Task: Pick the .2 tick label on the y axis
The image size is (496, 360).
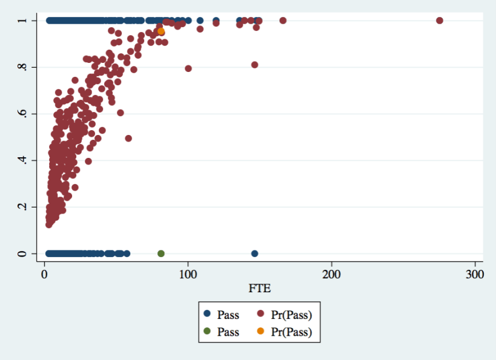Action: click(x=22, y=207)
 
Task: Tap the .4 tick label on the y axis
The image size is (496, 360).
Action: click(x=22, y=160)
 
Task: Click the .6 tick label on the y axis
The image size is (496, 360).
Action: click(x=22, y=114)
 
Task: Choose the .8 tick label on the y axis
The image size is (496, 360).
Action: click(x=22, y=67)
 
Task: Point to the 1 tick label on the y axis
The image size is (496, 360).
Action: click(x=22, y=21)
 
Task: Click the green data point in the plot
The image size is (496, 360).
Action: click(x=161, y=254)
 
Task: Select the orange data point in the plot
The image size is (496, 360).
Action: click(x=161, y=31)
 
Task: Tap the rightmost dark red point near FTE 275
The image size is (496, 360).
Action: click(x=440, y=21)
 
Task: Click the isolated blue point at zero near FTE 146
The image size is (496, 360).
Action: click(x=254, y=254)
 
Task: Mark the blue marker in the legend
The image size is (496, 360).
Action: click(x=207, y=315)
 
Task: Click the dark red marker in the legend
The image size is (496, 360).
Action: click(x=262, y=315)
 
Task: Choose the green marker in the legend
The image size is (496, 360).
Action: click(x=207, y=332)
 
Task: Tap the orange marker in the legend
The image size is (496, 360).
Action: click(x=262, y=332)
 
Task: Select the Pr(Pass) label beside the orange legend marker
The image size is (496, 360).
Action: click(x=294, y=332)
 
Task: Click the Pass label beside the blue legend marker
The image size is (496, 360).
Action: click(x=228, y=315)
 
